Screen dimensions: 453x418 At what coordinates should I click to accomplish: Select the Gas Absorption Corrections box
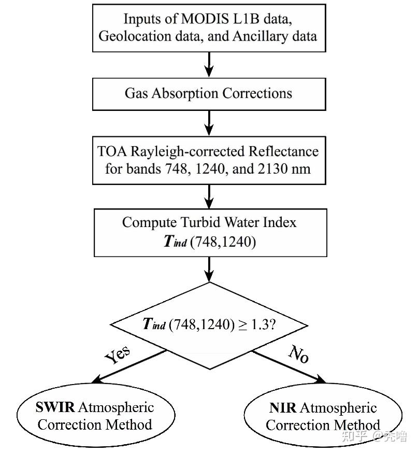point(209,94)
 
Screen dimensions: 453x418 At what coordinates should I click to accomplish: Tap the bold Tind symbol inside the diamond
point(154,325)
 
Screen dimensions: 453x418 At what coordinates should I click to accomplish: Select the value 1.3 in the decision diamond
point(258,324)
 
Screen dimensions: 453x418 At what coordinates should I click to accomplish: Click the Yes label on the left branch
point(118,356)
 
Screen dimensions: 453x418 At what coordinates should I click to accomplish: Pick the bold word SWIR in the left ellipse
point(55,407)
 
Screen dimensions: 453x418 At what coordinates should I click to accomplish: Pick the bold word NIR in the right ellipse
point(283,408)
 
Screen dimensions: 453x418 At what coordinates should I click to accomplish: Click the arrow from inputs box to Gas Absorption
point(209,64)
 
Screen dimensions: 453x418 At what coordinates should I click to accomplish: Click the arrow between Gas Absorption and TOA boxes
point(209,122)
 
